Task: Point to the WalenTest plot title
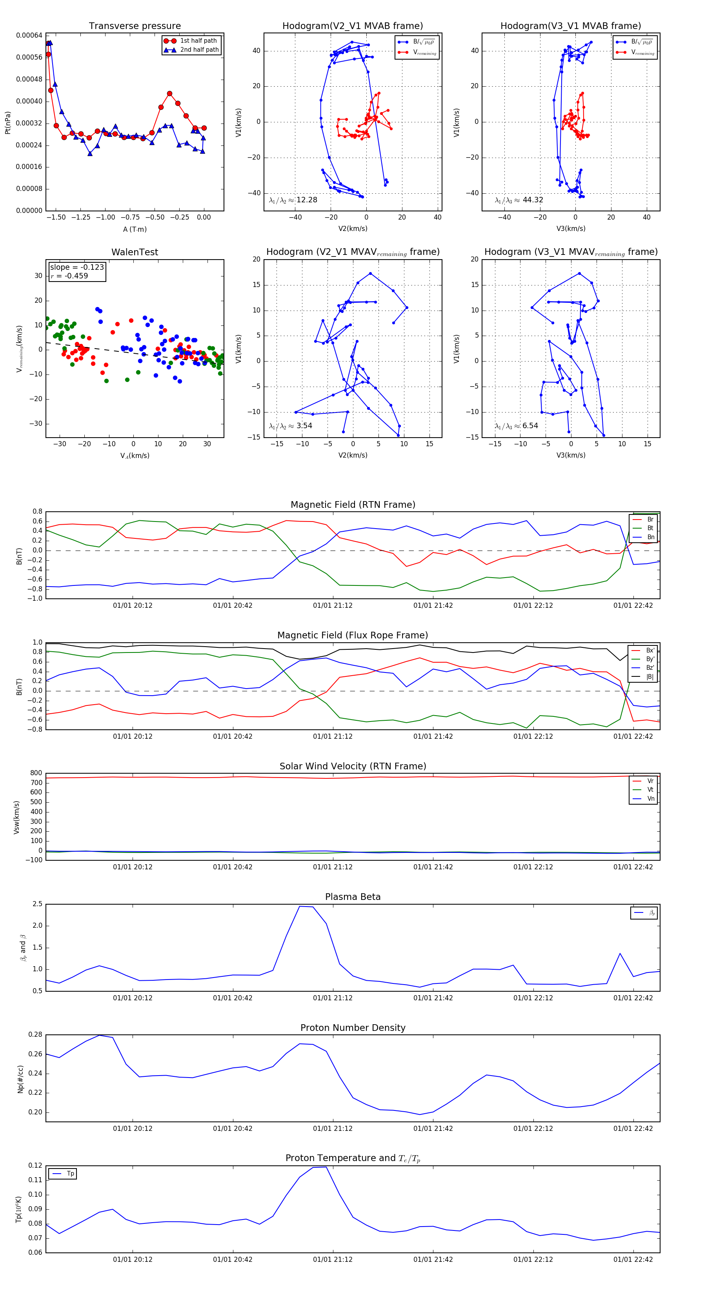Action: coord(135,252)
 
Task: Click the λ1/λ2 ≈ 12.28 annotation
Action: coord(293,200)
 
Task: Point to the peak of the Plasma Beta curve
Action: coord(300,906)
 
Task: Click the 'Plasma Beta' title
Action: coord(353,897)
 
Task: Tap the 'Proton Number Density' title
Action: coord(353,1028)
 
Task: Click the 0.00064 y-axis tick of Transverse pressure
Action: coord(29,35)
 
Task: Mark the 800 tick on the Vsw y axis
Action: coord(36,773)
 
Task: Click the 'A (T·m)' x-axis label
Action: coord(135,229)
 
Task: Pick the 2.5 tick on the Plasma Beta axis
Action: coord(37,904)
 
